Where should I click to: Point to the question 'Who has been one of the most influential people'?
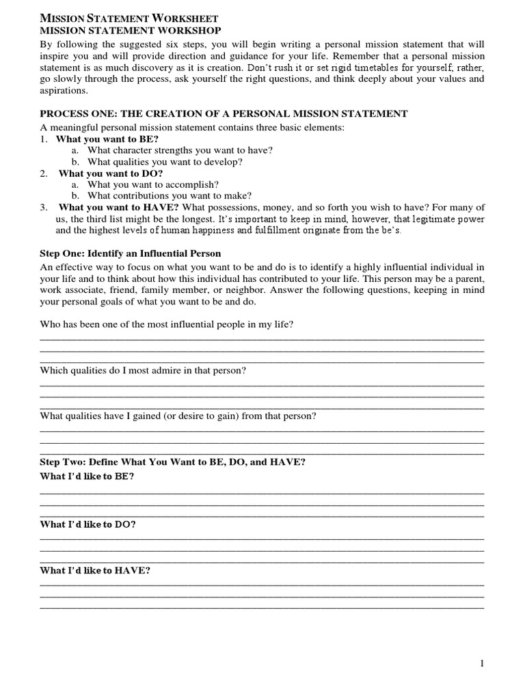(167, 324)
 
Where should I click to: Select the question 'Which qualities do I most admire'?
(143, 370)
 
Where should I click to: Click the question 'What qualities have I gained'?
(178, 416)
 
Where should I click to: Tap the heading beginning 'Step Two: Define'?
(172, 462)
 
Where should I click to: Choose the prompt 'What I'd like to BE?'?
(87, 476)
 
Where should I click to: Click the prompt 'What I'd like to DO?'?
(87, 524)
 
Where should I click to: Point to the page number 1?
(482, 664)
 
